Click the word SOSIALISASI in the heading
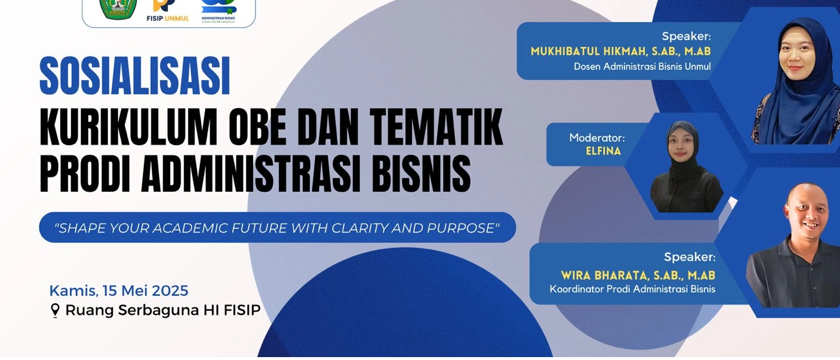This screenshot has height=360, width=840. pyautogui.click(x=135, y=76)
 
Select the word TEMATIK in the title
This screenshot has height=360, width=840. pyautogui.click(x=436, y=127)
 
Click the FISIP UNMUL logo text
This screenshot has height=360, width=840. pyautogui.click(x=168, y=18)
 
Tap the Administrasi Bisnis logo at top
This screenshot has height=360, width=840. pyautogui.click(x=218, y=11)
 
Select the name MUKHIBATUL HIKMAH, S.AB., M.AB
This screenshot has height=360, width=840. pyautogui.click(x=620, y=51)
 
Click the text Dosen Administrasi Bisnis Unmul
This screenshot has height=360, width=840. pyautogui.click(x=642, y=66)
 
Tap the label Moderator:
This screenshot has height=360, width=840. pyautogui.click(x=597, y=138)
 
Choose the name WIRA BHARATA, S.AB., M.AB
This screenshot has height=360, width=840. pyautogui.click(x=638, y=275)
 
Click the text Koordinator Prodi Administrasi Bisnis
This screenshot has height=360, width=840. pyautogui.click(x=633, y=289)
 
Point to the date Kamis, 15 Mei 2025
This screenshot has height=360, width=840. pyautogui.click(x=119, y=291)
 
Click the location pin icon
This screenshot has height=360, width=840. pyautogui.click(x=55, y=311)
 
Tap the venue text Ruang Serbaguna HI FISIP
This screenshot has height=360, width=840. pyautogui.click(x=163, y=310)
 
